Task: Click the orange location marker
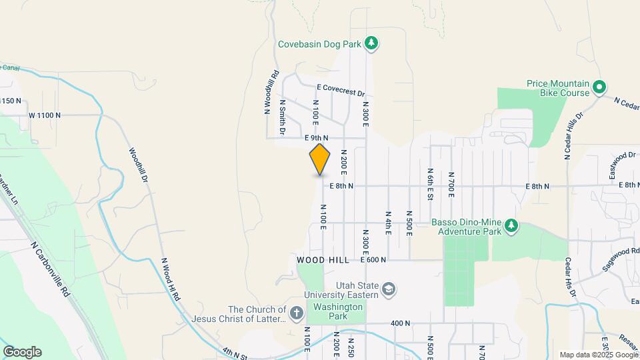tap(320, 159)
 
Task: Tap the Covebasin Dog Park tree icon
tap(372, 45)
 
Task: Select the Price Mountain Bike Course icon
tap(599, 87)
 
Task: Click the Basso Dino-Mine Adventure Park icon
tap(511, 226)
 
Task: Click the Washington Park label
tap(336, 307)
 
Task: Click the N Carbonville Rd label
tap(50, 269)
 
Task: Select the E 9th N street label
tap(317, 138)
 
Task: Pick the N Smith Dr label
tap(283, 117)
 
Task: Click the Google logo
tap(22, 352)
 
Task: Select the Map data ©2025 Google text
tap(598, 355)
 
